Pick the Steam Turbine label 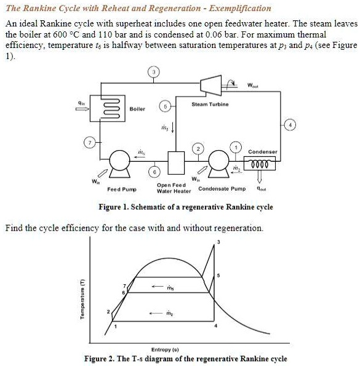(210, 105)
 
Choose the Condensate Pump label (222, 188)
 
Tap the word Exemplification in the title (236, 8)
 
